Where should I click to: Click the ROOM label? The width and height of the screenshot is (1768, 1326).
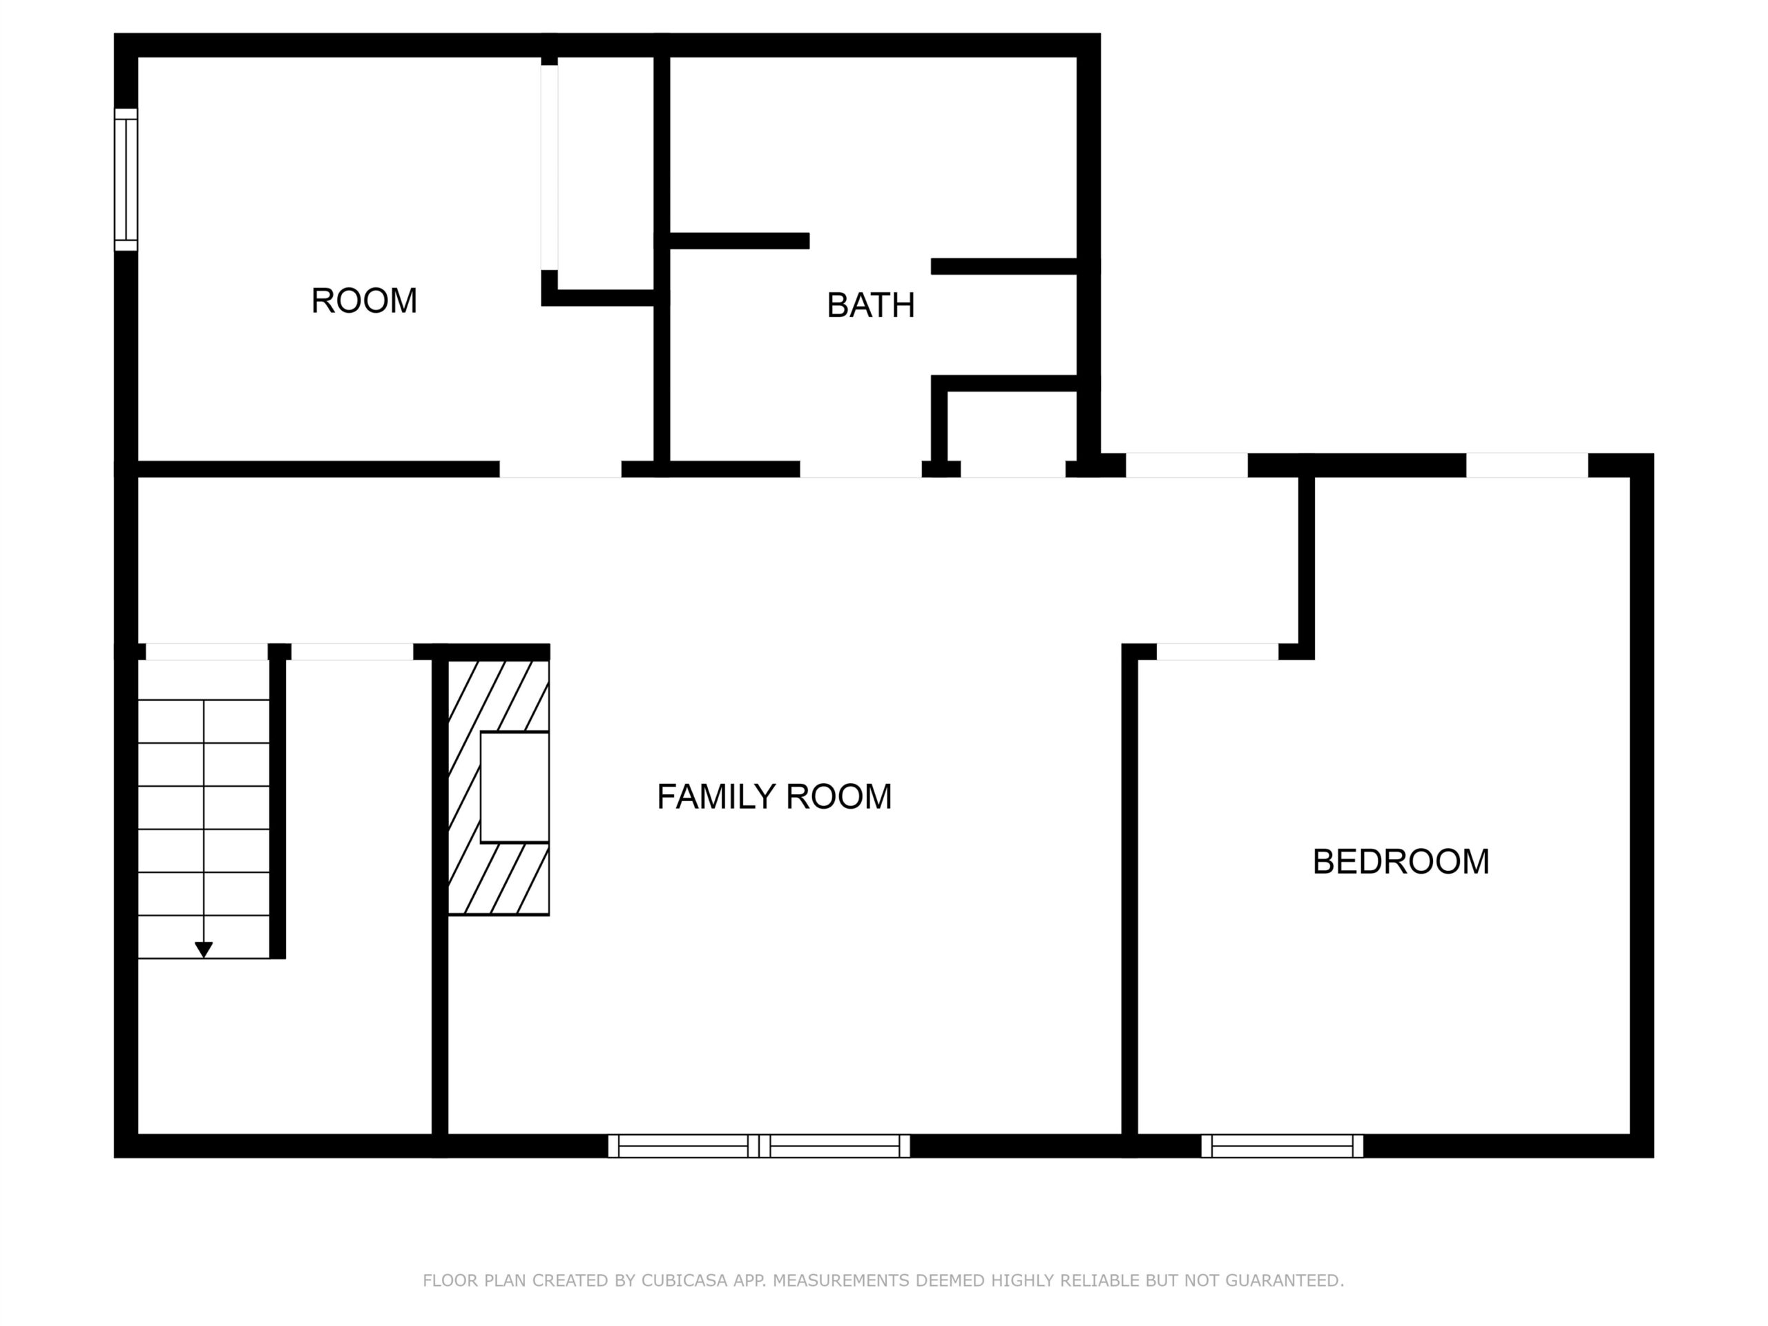pos(364,301)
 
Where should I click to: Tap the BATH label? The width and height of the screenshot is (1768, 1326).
pos(870,305)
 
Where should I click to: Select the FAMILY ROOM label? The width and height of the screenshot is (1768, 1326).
pos(773,797)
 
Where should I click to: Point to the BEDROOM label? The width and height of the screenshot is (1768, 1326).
pos(1401,862)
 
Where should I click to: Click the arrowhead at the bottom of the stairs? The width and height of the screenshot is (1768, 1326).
pos(204,950)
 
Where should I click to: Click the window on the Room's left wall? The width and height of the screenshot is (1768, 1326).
pos(126,180)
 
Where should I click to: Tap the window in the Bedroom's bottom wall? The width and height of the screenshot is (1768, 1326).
pos(1282,1145)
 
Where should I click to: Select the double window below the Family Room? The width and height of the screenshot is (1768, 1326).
pos(759,1145)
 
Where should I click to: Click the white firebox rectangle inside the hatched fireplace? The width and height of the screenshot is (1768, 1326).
pos(515,787)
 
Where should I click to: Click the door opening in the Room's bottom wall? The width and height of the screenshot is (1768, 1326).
pos(560,469)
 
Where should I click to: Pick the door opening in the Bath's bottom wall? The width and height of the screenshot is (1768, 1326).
pos(861,469)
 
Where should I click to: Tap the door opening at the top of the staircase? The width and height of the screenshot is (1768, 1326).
pos(206,651)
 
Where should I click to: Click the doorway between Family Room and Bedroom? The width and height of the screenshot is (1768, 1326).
pos(1218,651)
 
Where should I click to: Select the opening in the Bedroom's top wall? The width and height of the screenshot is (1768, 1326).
pos(1526,465)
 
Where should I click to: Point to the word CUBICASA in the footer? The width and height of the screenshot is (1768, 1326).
pos(685,1280)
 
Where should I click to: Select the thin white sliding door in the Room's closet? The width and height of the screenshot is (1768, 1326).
pos(549,167)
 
